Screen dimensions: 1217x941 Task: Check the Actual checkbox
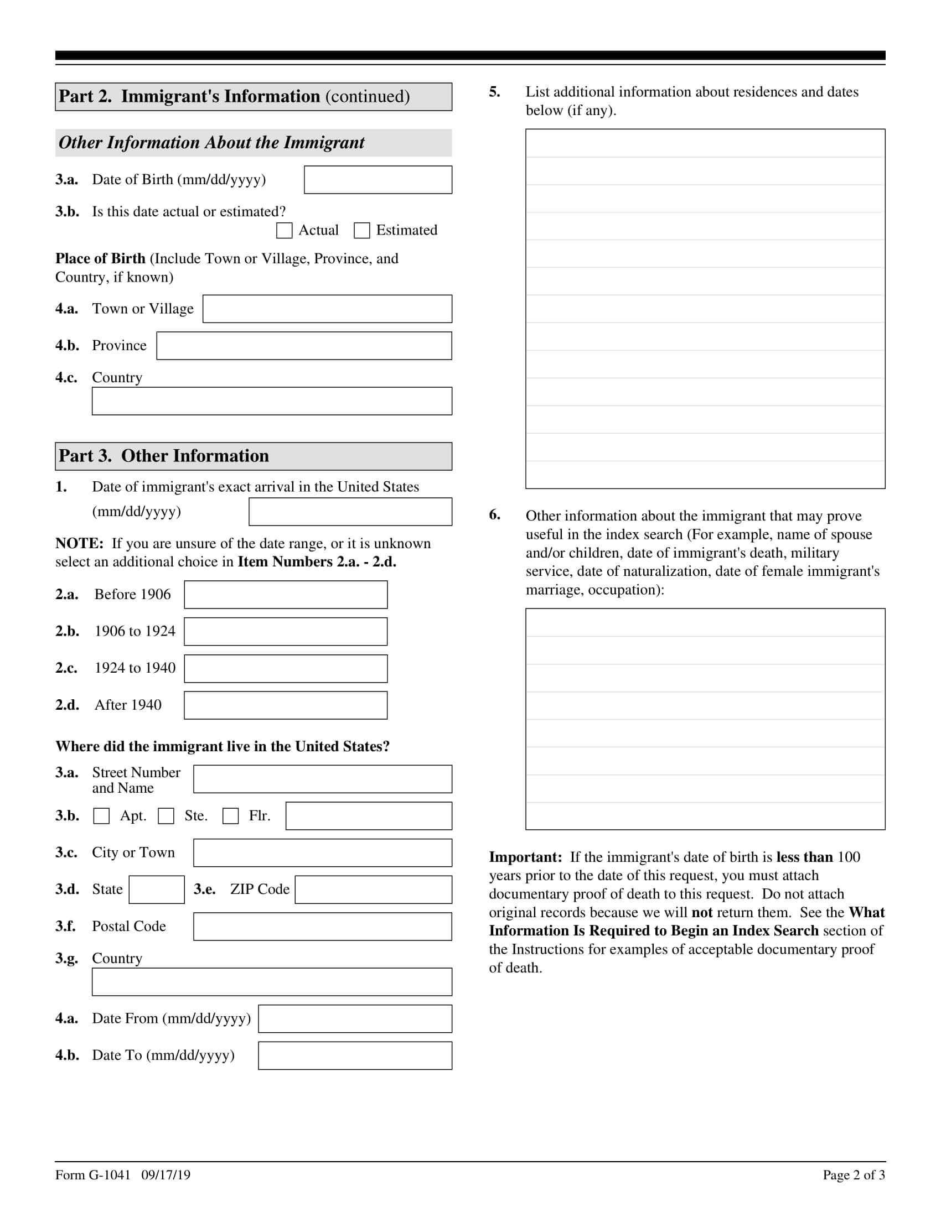tap(285, 231)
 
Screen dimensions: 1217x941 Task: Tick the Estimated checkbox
tap(362, 231)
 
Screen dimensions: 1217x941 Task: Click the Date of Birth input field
tap(378, 180)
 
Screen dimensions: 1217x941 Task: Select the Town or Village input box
tap(327, 309)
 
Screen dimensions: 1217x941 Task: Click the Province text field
tap(304, 346)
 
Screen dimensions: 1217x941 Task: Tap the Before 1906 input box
tap(286, 595)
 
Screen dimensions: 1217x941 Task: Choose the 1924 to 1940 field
tap(286, 669)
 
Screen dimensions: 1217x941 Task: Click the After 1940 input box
tap(286, 705)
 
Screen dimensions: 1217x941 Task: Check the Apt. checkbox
tap(101, 816)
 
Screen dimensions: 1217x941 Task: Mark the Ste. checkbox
tap(166, 816)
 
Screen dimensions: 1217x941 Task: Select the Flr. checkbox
tap(231, 816)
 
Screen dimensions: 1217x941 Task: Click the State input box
tap(157, 890)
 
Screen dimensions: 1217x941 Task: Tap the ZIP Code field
tap(374, 890)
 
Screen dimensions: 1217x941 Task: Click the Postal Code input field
tap(323, 927)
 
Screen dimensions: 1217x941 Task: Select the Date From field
tap(355, 1019)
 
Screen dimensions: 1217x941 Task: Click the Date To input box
tap(355, 1056)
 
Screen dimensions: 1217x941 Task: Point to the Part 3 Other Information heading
tap(164, 456)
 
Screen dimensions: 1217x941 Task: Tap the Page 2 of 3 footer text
tap(854, 1175)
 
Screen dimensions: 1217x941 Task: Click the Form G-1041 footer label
tap(92, 1175)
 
